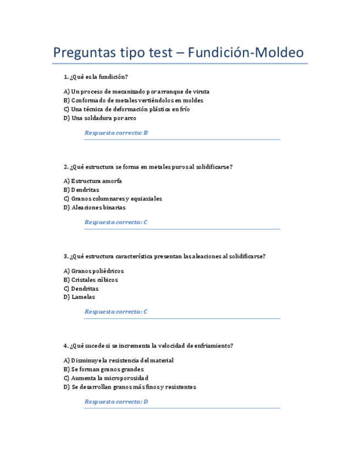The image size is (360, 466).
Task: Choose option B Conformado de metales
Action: (x=134, y=101)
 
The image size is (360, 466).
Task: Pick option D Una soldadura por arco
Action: (x=100, y=118)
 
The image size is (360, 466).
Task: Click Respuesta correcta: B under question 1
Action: (x=116, y=133)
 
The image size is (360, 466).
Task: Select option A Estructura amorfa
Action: (x=93, y=181)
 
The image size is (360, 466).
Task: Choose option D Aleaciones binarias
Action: (x=95, y=208)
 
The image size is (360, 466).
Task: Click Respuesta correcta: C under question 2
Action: (x=116, y=223)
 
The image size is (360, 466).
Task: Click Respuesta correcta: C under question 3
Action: (x=116, y=312)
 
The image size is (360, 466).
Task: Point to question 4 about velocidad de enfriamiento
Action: (x=149, y=346)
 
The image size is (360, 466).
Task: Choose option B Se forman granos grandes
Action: (x=103, y=369)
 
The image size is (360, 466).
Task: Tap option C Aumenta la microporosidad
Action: (x=106, y=378)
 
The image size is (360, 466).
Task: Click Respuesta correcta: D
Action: (x=116, y=402)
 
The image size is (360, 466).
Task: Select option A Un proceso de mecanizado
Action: (x=136, y=92)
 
